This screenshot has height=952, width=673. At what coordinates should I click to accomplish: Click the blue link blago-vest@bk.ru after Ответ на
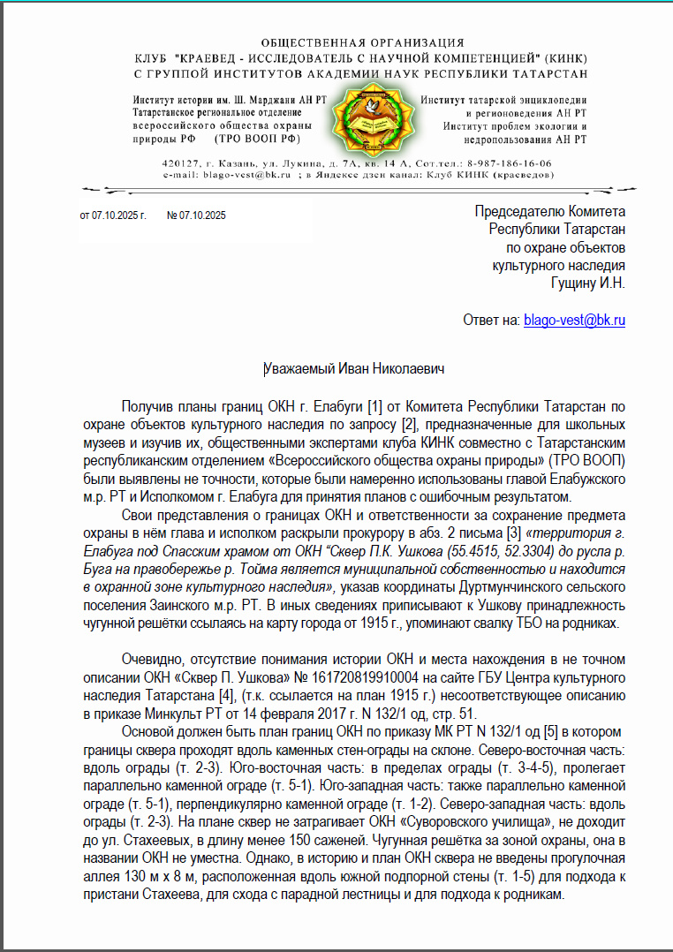click(x=574, y=321)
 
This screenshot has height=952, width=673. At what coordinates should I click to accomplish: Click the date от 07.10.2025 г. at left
click(x=112, y=215)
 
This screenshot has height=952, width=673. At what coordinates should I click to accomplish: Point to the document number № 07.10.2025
click(x=196, y=215)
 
